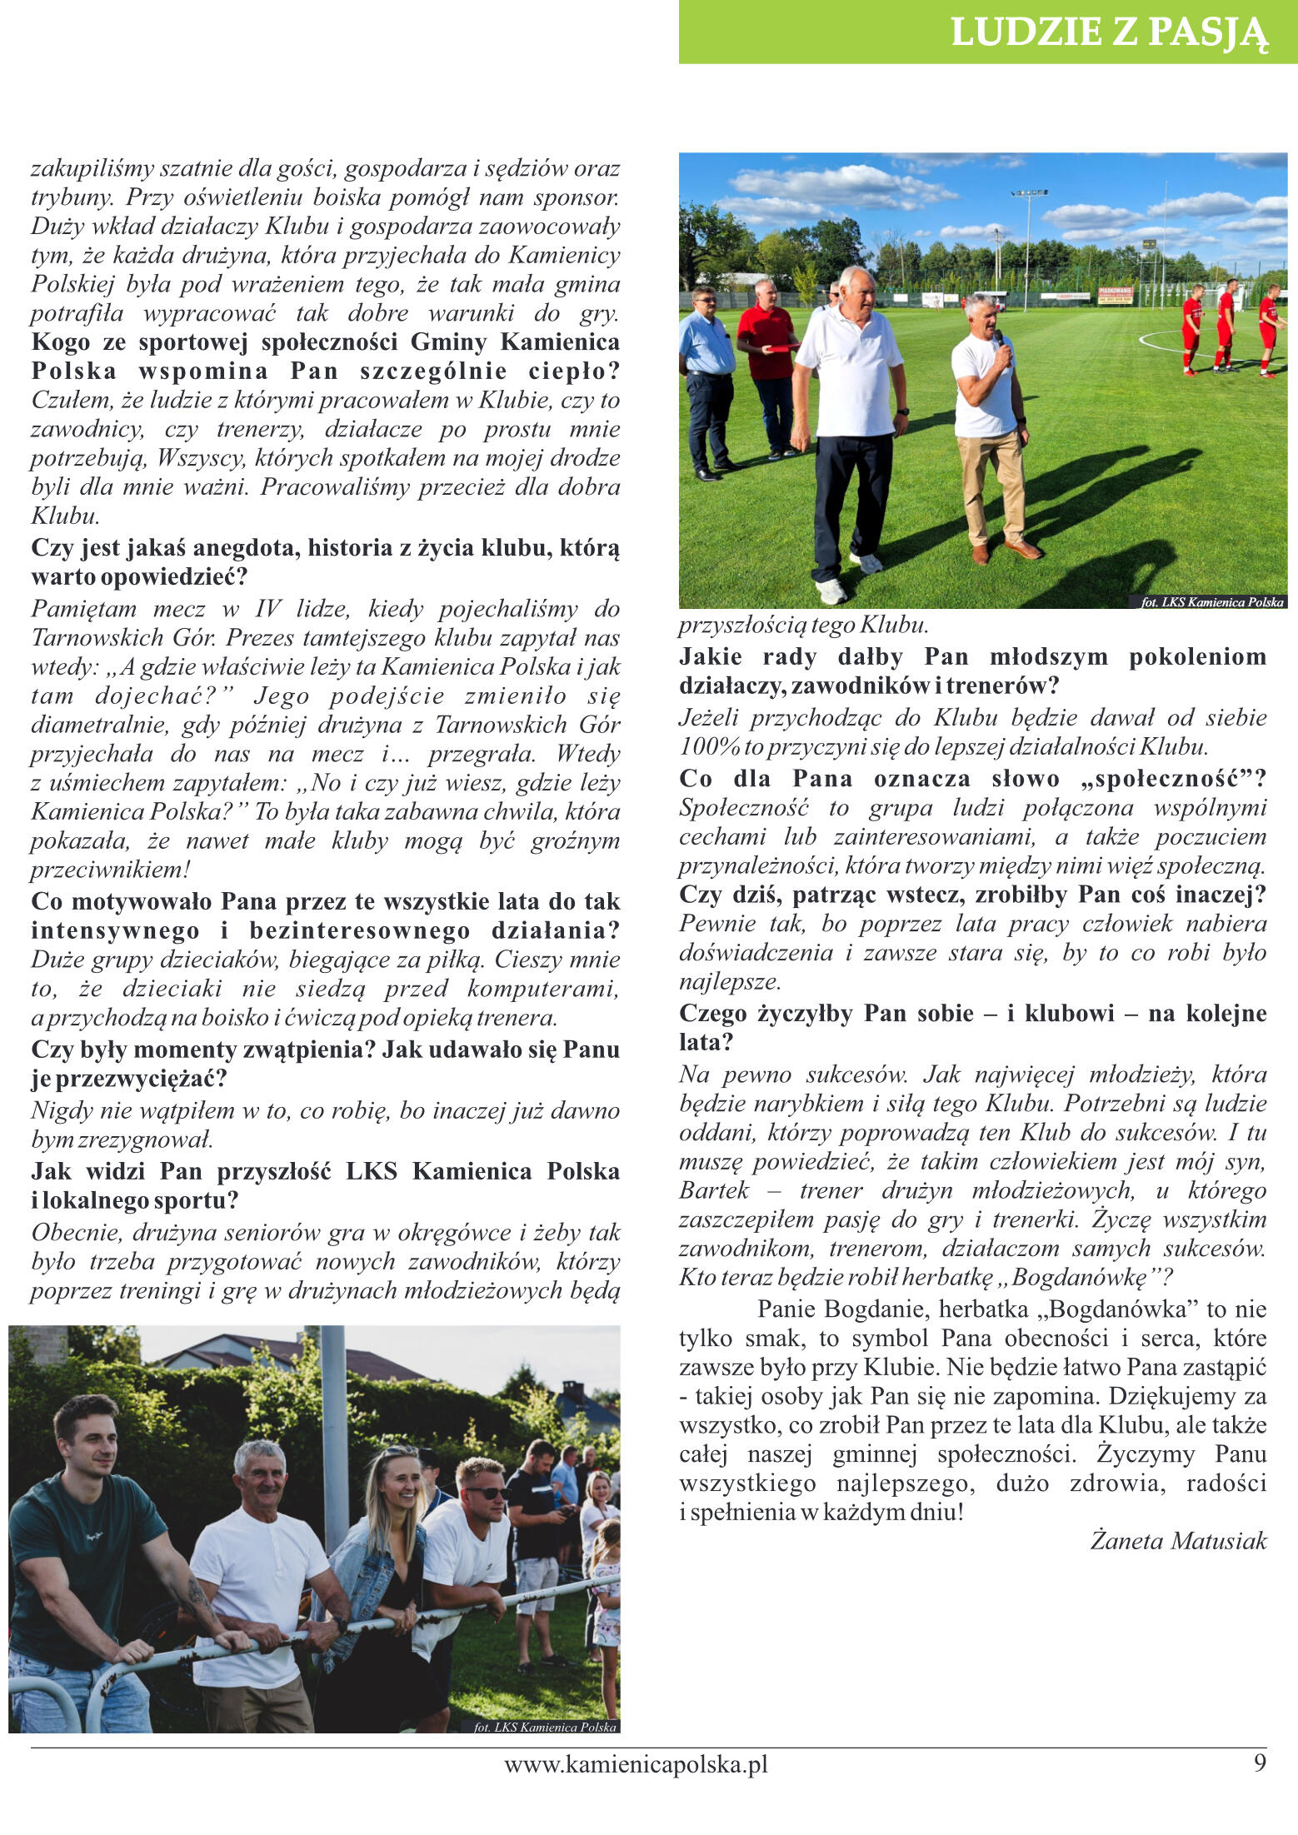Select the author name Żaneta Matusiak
coord(1178,1540)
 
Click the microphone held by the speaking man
coord(999,340)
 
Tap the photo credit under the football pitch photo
coord(1212,601)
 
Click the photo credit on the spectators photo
coord(545,1727)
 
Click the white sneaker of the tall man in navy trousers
coord(831,591)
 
